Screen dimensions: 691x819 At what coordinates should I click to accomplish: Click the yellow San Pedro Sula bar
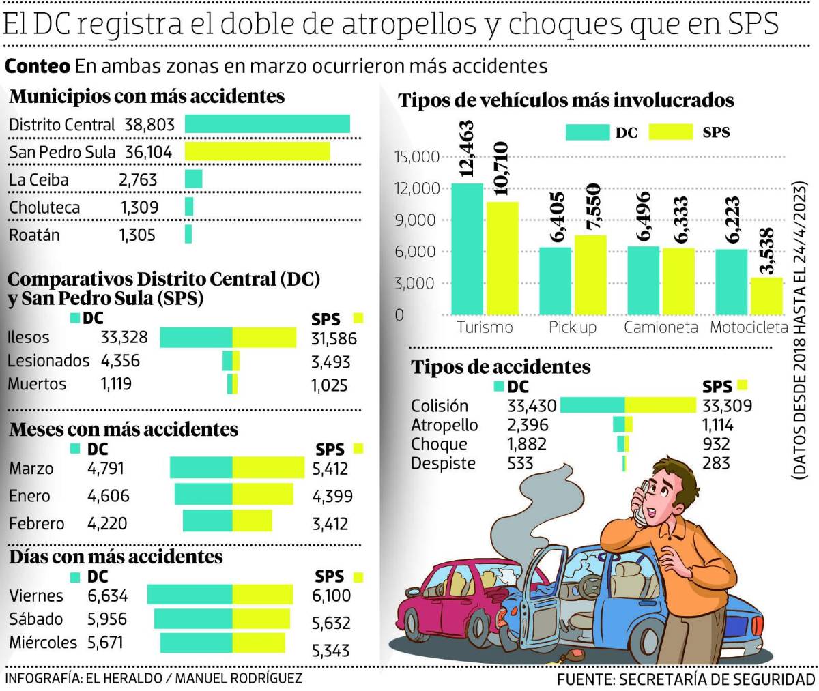257,151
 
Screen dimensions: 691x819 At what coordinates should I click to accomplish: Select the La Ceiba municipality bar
194,179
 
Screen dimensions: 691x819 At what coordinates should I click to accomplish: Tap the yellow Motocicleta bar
766,296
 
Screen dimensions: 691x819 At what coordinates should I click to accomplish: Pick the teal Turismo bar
468,249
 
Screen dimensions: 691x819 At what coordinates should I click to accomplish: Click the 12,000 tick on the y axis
416,188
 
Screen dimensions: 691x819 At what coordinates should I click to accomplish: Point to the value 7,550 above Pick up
590,207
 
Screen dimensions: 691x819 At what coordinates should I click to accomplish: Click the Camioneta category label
661,327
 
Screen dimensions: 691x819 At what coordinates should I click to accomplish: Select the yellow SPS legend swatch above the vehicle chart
670,132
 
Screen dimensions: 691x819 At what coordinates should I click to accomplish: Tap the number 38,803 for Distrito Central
149,125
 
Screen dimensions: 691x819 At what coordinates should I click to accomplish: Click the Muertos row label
37,384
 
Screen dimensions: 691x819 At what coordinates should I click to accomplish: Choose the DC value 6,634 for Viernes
108,596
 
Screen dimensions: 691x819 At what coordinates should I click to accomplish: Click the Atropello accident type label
444,425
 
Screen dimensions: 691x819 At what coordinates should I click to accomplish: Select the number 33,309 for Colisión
727,406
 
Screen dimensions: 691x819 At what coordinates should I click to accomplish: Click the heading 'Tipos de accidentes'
500,367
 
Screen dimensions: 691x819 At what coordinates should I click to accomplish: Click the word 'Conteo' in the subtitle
38,66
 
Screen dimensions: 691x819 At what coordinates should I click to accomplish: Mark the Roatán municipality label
34,235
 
